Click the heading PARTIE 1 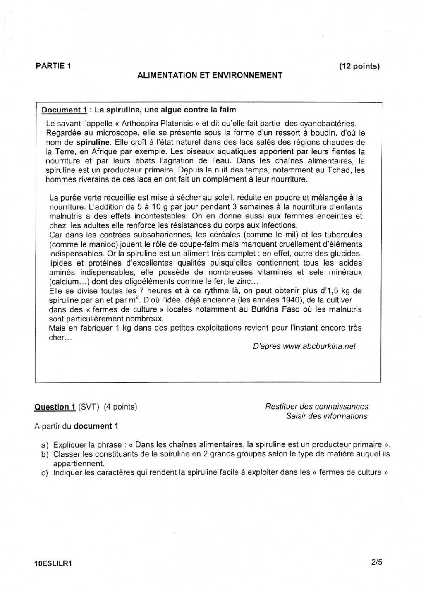coord(53,66)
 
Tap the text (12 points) coord(359,66)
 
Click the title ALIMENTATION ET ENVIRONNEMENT coord(210,75)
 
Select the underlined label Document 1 coord(64,110)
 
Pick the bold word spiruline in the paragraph coord(93,142)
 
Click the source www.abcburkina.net coord(319,346)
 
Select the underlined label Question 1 coord(55,407)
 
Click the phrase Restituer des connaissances coord(317,407)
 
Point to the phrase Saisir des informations coord(327,416)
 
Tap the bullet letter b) coord(44,455)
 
